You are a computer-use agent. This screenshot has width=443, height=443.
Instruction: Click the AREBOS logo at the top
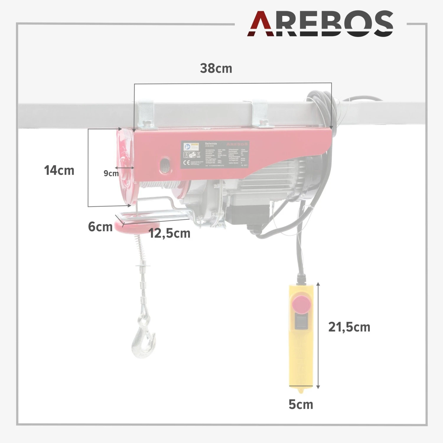(320, 24)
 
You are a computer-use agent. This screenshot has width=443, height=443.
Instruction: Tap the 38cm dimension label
(216, 69)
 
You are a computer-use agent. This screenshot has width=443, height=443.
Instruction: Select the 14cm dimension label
(59, 171)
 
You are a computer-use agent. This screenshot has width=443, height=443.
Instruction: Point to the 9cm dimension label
(111, 173)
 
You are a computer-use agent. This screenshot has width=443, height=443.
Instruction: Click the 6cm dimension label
(100, 227)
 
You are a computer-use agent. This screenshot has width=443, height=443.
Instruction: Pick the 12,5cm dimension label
(170, 233)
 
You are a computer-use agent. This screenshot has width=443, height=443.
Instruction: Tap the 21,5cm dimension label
(349, 327)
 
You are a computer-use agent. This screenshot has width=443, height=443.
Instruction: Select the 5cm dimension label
(301, 404)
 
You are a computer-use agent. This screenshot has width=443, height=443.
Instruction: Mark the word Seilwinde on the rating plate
(211, 144)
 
